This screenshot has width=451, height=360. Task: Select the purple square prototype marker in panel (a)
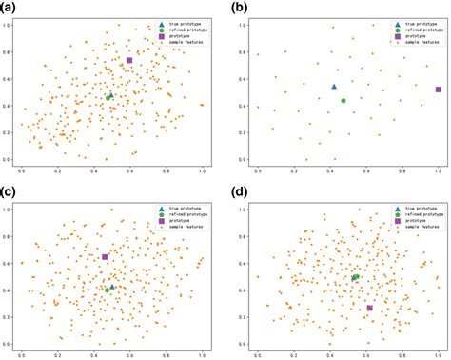click(129, 61)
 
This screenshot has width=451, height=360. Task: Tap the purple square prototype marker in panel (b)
click(439, 90)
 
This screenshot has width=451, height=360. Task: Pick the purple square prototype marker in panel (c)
click(105, 257)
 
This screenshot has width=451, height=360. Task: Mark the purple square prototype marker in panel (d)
click(370, 309)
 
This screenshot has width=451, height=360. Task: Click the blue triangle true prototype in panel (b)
click(334, 87)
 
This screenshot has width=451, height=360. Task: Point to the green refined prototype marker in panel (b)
click(343, 100)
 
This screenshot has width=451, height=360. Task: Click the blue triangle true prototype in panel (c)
click(112, 286)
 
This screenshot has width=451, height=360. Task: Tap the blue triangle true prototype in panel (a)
click(111, 96)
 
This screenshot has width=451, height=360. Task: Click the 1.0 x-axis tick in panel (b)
click(439, 170)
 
